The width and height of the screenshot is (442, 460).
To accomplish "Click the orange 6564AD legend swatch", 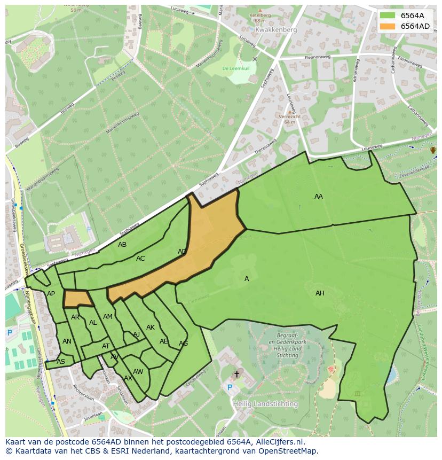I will click(x=388, y=26).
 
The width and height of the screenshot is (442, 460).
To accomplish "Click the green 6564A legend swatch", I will click(x=388, y=15).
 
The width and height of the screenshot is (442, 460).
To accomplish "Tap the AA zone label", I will click(x=319, y=197).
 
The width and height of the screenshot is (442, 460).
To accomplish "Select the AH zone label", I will click(x=320, y=293).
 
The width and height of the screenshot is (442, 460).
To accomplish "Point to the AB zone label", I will click(x=122, y=245).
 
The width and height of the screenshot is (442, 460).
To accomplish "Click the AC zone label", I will click(x=140, y=259).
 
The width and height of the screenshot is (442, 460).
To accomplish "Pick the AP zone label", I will click(x=51, y=294).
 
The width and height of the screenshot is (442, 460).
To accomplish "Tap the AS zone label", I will click(x=61, y=362).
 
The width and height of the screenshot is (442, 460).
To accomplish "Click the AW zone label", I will click(x=138, y=372).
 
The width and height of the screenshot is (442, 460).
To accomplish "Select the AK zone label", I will click(x=151, y=328).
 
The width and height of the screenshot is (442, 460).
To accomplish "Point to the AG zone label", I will click(x=183, y=344).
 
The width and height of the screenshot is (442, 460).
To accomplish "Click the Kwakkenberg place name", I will click(x=275, y=30).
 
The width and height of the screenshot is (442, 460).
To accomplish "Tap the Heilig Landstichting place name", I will click(x=266, y=404).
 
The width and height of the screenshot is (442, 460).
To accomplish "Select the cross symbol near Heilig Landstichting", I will click(x=236, y=375).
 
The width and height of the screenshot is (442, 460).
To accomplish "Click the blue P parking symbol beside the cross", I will click(x=230, y=388).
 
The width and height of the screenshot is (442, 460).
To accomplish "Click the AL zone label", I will click(x=93, y=323).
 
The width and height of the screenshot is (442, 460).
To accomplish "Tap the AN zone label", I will click(x=67, y=341).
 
